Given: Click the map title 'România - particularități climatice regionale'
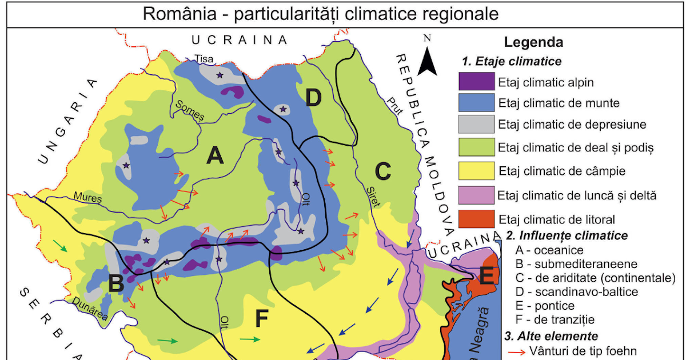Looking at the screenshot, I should pyautogui.click(x=321, y=14).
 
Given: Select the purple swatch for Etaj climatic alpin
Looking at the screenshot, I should pyautogui.click(x=476, y=82).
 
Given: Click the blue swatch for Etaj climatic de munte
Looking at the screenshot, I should pyautogui.click(x=476, y=103).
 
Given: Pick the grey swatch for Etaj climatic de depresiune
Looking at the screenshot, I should pyautogui.click(x=476, y=124).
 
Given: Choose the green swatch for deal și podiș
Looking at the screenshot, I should pyautogui.click(x=476, y=147).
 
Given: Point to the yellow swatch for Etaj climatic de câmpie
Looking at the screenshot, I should pyautogui.click(x=476, y=170).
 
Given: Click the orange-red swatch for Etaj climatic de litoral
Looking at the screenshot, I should pyautogui.click(x=476, y=219).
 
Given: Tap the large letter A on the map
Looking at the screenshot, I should pyautogui.click(x=214, y=155).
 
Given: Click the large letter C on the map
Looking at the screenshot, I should pyautogui.click(x=382, y=170).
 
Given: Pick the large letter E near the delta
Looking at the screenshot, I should pyautogui.click(x=486, y=277).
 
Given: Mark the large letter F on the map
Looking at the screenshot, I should pyautogui.click(x=261, y=318).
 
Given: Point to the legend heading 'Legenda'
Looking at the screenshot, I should pyautogui.click(x=533, y=42).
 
